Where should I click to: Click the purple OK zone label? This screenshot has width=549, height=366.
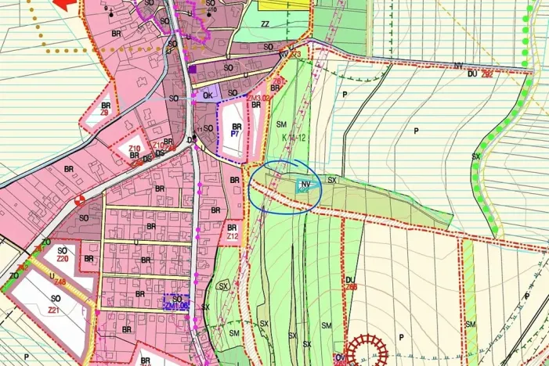pos(208,95)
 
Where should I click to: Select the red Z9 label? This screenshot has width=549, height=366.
pos(103,113)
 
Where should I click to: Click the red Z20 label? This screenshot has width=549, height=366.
pos(63,259)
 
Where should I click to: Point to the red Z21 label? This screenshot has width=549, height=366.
pos(54,310)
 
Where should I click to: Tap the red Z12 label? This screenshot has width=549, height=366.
pos(232,236)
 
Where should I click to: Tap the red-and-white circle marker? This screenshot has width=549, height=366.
pos(80,200)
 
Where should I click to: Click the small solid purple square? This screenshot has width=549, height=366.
pos(192,69)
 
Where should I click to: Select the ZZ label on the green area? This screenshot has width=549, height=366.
pos(265,24)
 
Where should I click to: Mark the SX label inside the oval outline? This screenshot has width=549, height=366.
pos(224,285)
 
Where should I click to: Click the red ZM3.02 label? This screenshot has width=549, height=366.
pos(258,99)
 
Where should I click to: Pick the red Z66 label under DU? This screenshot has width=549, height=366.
pos(351,287)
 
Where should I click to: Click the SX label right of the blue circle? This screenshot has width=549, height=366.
pos(332,180)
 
